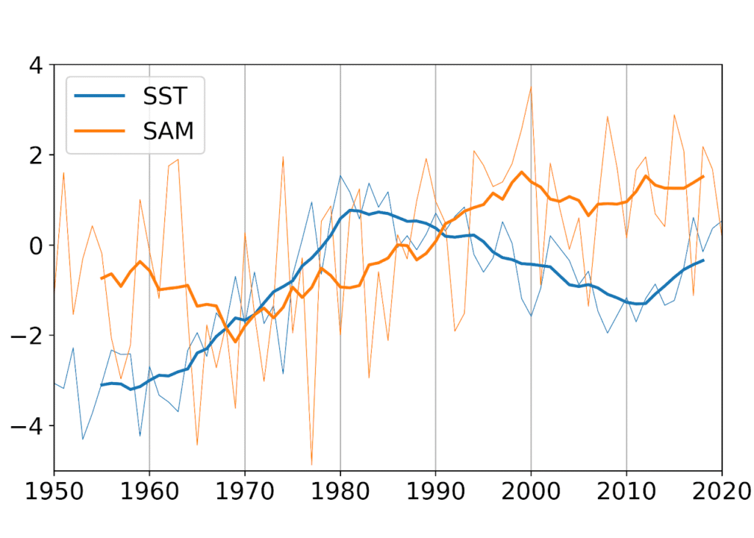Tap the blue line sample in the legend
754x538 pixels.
pos(96,96)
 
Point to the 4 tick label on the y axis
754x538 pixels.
pos(36,65)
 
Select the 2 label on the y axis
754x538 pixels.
pos(36,155)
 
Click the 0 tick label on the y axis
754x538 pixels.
pos(36,245)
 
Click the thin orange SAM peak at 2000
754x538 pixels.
pos(531,88)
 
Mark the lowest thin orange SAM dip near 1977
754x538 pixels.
pos(311,464)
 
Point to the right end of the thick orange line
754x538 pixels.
pos(703,177)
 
